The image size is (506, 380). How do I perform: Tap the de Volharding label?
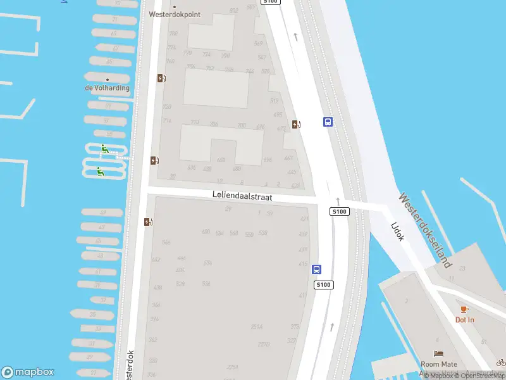[x=108, y=88]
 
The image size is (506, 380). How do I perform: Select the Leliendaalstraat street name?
[x=242, y=197]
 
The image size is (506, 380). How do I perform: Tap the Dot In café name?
[x=464, y=320]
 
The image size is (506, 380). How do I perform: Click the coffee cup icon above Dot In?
[x=464, y=309]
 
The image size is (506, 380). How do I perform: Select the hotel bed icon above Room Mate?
[x=438, y=353]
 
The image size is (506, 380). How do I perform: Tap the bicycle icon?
[x=501, y=362]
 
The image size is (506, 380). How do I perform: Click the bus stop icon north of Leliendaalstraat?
[x=328, y=122]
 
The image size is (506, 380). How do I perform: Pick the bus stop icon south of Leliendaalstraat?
[x=316, y=269]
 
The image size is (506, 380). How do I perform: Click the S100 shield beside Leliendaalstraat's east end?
[x=340, y=212]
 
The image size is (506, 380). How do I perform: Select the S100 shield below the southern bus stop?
[x=324, y=285]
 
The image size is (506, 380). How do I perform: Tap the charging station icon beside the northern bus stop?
[x=296, y=124]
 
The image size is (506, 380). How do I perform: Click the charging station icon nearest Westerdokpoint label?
[x=161, y=78]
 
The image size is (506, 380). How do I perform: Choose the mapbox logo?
[x=28, y=372]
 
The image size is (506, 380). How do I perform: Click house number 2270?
[x=264, y=345]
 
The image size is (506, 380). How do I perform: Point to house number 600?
[x=206, y=232]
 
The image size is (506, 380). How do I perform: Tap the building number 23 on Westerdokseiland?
[x=462, y=269]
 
